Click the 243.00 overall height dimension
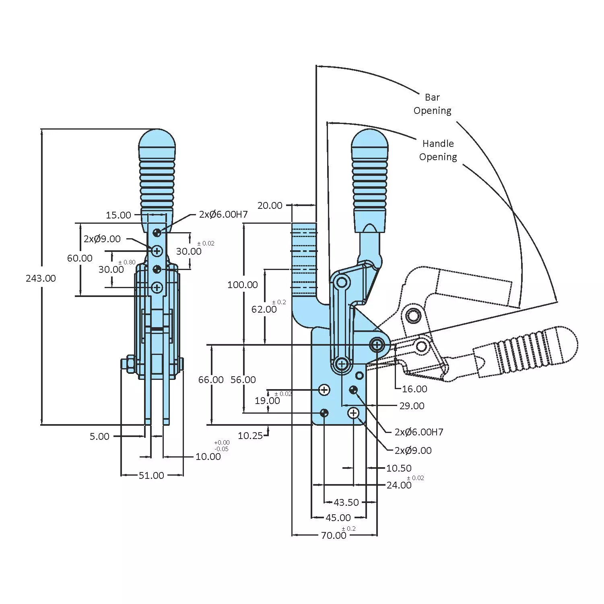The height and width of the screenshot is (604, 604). (41, 278)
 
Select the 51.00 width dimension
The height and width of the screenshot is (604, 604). (151, 476)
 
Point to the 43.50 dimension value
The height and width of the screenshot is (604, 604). (346, 503)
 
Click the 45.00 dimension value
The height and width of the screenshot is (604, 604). (338, 518)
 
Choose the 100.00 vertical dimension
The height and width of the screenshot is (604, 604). (242, 285)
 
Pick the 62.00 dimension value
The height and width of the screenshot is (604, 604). (264, 309)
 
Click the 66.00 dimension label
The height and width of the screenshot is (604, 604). (211, 380)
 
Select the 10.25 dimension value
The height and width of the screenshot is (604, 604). (250, 436)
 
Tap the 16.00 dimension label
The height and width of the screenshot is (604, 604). (414, 389)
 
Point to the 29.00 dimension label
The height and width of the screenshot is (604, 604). (412, 406)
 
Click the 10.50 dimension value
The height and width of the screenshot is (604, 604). (399, 468)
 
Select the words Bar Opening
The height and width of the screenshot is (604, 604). (433, 104)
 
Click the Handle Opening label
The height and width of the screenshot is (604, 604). (438, 150)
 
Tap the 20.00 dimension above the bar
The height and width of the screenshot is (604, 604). (270, 206)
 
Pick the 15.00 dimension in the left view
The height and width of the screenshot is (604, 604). (118, 215)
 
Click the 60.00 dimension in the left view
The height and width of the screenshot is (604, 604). (80, 258)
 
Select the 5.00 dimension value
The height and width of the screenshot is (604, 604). (99, 437)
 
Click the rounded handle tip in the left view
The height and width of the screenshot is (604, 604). (157, 139)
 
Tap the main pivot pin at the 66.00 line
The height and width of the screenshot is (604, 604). (377, 345)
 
